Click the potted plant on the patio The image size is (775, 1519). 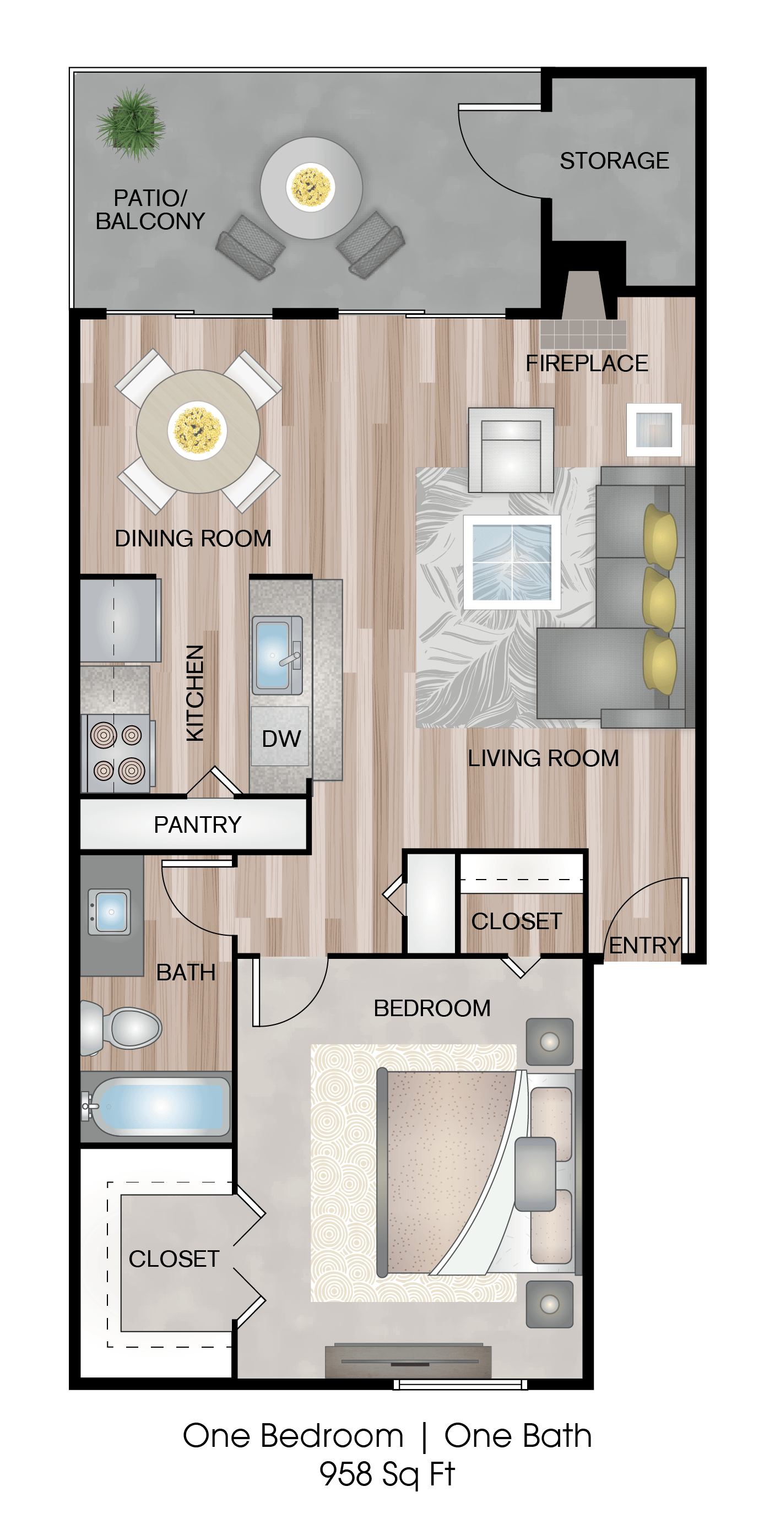click(x=131, y=124)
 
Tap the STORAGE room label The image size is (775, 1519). click(x=614, y=160)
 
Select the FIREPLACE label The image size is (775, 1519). click(x=586, y=364)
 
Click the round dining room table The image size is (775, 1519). click(x=198, y=431)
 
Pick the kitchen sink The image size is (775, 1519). click(x=274, y=654)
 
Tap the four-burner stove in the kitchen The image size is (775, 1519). click(x=117, y=752)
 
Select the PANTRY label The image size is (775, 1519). click(x=197, y=824)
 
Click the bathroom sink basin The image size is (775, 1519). click(x=110, y=912)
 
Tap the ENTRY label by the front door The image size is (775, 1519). click(x=644, y=945)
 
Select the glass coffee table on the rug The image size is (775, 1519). click(x=511, y=562)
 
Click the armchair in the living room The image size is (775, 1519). click(x=511, y=451)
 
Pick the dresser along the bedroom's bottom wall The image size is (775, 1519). click(x=408, y=1361)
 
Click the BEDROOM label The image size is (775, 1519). click(x=432, y=1008)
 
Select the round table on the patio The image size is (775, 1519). click(x=311, y=187)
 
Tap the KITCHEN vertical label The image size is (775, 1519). click(x=194, y=692)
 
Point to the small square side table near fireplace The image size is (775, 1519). click(x=653, y=429)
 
